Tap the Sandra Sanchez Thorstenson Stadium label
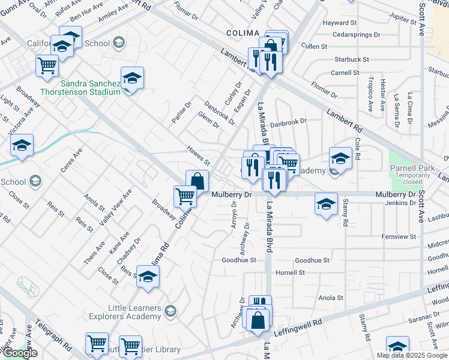(81, 87)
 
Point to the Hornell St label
(290, 272)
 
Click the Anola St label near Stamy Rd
(331, 298)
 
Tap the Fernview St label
(399, 237)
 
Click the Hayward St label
(340, 23)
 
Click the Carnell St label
(345, 73)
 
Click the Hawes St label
(197, 156)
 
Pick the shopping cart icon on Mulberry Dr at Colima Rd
(185, 196)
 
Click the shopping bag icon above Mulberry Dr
(197, 181)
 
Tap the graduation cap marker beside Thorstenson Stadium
(132, 78)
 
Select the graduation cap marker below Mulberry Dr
(326, 205)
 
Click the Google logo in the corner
(20, 353)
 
